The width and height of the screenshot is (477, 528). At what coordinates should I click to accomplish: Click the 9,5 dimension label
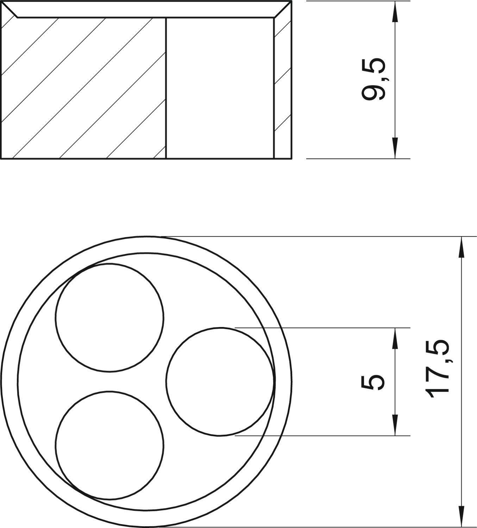click(373, 79)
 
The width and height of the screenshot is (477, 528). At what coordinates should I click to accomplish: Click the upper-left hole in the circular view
click(109, 318)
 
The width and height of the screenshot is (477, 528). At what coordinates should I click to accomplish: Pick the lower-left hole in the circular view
click(109, 445)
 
